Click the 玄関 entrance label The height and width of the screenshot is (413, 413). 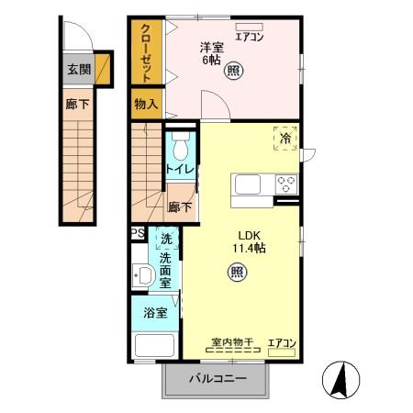pos(78,70)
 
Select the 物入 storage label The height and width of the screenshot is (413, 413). pos(146,104)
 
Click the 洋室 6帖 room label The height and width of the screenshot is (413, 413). pos(212,54)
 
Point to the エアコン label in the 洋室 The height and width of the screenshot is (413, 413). pos(250,38)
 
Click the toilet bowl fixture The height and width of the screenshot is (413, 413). pos(179,147)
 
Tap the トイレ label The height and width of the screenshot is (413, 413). pos(178,171)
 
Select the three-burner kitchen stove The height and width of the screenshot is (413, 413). pos(286,183)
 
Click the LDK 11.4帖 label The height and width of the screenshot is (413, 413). pos(247,240)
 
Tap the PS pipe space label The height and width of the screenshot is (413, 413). pos(137,233)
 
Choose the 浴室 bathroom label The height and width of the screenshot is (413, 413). pos(155,313)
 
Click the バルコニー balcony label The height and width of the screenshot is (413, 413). pos(218,379)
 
